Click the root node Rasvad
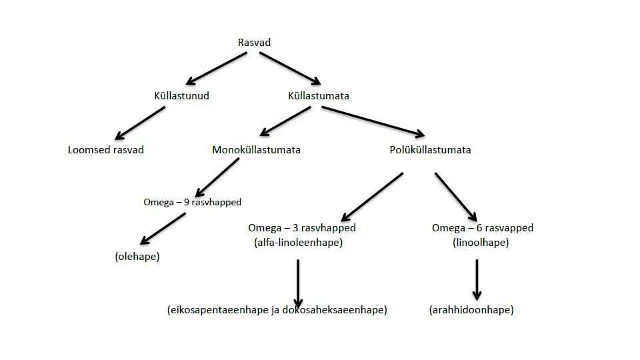(x=254, y=43)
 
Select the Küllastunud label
(x=181, y=96)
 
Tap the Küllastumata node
(x=318, y=96)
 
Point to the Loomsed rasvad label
(x=105, y=150)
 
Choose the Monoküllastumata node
(x=256, y=150)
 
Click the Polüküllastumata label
(x=430, y=150)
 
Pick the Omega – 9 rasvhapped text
(x=192, y=201)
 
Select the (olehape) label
(x=137, y=256)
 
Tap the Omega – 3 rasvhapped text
(x=301, y=228)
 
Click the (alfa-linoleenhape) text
(x=298, y=243)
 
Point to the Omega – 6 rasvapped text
(x=483, y=228)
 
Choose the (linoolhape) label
(x=480, y=243)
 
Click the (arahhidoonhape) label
(x=472, y=310)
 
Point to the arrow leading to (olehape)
(x=163, y=229)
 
